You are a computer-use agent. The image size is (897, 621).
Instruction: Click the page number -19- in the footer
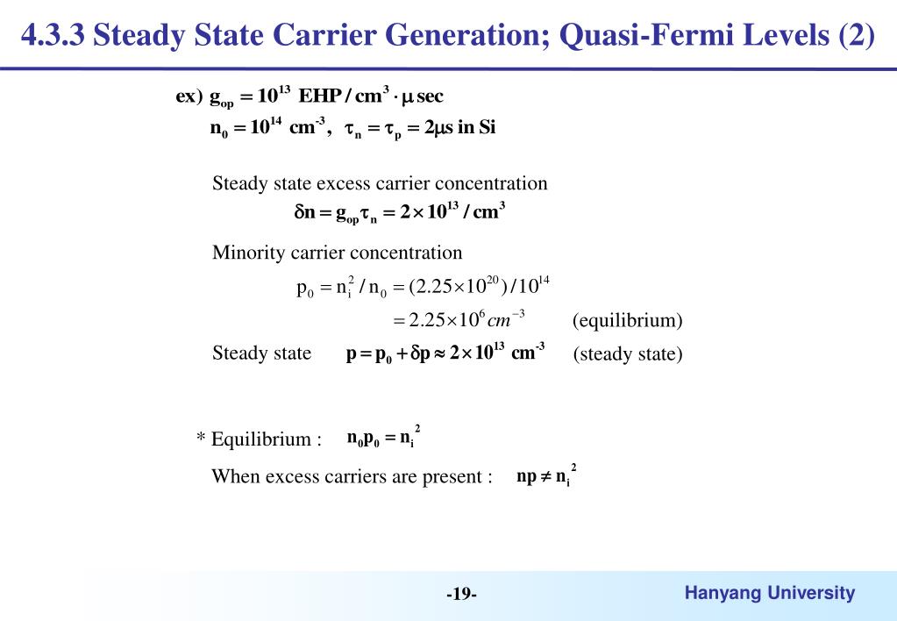point(461,595)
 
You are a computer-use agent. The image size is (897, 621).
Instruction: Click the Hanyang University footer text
point(769,593)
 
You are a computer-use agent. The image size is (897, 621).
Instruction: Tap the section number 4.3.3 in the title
point(53,37)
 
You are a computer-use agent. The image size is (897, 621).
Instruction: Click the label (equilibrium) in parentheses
point(627,320)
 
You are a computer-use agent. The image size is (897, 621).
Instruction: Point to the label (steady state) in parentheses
point(627,354)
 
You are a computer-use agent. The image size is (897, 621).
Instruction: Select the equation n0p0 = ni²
point(384,438)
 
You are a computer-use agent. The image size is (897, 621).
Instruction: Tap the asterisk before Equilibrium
point(201,439)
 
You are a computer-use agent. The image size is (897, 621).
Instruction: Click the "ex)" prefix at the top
point(189,96)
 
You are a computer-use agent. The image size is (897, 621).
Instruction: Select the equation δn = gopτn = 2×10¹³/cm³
point(399,214)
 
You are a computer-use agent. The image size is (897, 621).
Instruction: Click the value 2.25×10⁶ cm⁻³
point(459,319)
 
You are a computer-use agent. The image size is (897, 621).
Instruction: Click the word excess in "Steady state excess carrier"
point(344,183)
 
